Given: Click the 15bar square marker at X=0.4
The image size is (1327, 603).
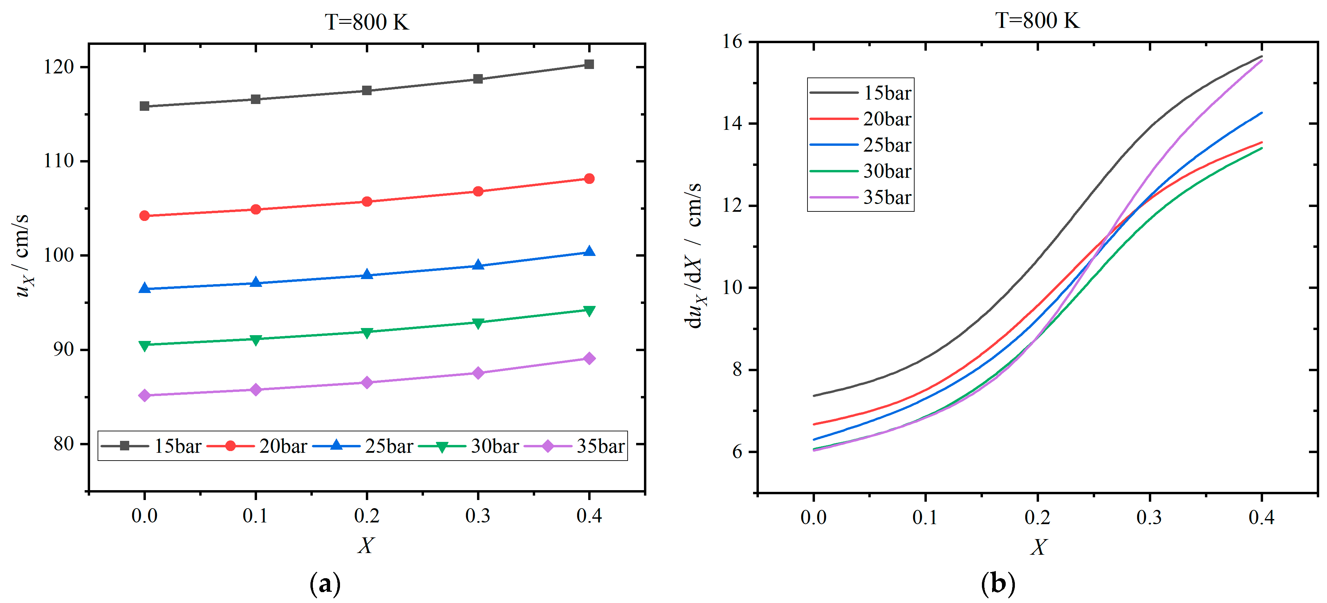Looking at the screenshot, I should (589, 64).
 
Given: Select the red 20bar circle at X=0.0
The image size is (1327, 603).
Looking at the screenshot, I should (145, 216).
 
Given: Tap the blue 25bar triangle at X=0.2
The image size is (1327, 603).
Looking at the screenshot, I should (367, 275).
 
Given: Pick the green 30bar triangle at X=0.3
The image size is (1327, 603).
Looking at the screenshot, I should (478, 323).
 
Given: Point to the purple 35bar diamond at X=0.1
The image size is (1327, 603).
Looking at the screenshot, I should (256, 390).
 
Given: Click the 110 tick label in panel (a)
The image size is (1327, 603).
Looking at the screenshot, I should (59, 161).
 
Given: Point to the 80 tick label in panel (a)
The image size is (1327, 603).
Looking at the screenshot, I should (64, 444).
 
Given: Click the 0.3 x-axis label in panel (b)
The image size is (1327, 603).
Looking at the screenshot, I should (1149, 517).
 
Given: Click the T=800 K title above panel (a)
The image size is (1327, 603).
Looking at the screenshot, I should (367, 22).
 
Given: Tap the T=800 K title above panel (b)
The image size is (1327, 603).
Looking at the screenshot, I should (1037, 21).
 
